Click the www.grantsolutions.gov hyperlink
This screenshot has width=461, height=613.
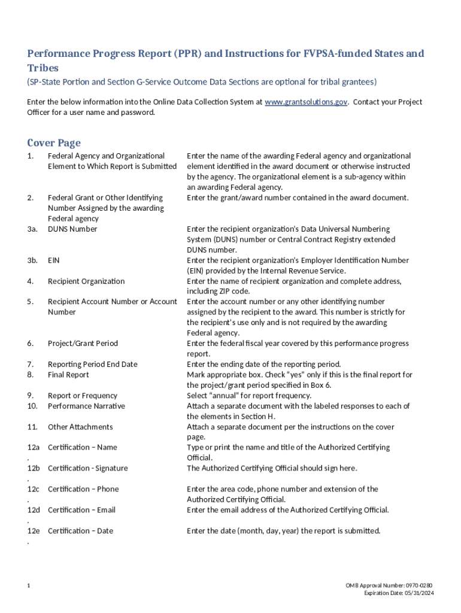pos(305,102)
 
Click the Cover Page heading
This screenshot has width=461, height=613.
pos(54,142)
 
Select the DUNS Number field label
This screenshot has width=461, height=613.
pos(72,229)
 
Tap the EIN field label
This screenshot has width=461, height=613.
pos(53,260)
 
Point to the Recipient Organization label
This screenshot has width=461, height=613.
pos(86,281)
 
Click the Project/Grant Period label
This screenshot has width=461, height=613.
pos(83,344)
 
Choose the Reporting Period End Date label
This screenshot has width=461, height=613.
pos(92,364)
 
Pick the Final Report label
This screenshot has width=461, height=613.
pos(68,375)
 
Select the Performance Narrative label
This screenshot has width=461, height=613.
pos(86,406)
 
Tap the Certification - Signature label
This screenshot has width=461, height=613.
pos(87,468)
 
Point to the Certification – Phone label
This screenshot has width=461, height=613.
pos(83,489)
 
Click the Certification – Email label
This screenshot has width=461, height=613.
pos(81,510)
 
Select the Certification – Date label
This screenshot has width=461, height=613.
pos(80,531)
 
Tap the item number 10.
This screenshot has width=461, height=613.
pos(32,406)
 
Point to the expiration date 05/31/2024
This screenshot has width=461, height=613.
pos(399,593)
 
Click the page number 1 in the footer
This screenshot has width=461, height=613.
pos(29,585)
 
